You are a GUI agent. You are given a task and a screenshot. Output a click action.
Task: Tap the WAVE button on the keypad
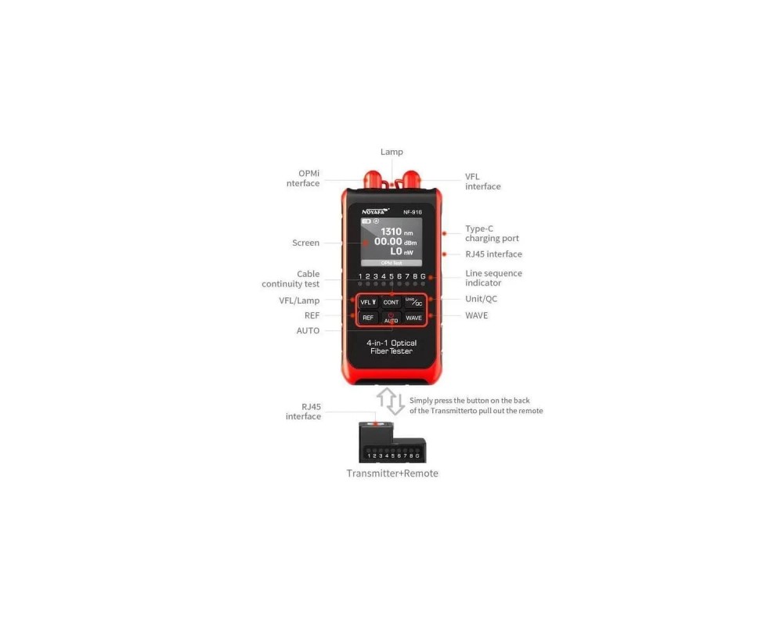[x=413, y=318]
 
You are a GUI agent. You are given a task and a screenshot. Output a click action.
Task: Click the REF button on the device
[x=368, y=318]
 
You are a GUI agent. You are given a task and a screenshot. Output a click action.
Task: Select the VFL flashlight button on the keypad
[x=368, y=302]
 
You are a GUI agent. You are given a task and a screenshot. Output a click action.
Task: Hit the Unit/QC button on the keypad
[x=413, y=302]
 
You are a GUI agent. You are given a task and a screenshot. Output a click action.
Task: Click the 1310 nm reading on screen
[x=396, y=232]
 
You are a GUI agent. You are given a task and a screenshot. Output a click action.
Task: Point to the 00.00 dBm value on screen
[x=395, y=242]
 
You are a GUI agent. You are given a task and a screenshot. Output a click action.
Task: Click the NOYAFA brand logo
[x=375, y=211]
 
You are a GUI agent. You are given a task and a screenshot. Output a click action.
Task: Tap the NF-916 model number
[x=413, y=212]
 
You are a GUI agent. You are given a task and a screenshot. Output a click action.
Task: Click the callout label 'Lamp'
[x=391, y=152]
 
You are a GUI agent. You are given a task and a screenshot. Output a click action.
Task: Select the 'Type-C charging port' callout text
[x=492, y=233]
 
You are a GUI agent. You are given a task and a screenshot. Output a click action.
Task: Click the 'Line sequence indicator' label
[x=493, y=278]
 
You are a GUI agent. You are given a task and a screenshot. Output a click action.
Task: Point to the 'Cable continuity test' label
[x=290, y=279]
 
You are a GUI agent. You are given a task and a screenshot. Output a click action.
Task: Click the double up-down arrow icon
[x=391, y=401]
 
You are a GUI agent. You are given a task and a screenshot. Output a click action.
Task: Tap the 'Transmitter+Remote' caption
[x=392, y=473]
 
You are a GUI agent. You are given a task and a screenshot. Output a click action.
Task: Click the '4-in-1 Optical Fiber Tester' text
[x=391, y=347]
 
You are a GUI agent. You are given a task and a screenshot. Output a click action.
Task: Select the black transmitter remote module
[x=392, y=442]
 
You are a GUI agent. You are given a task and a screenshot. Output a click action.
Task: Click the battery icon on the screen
[x=366, y=221]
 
